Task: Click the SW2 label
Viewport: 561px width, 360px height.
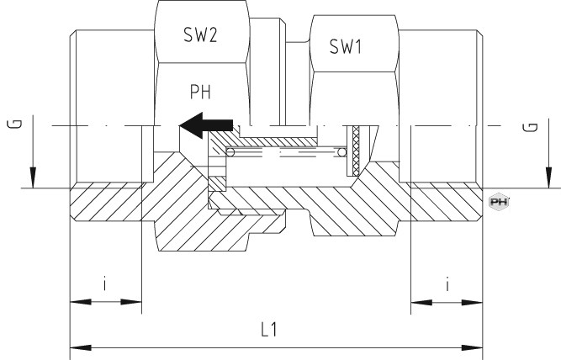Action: pyautogui.click(x=200, y=35)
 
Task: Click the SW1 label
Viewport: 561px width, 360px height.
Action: pyautogui.click(x=346, y=46)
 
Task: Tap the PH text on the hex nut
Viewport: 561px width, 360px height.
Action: pyautogui.click(x=200, y=92)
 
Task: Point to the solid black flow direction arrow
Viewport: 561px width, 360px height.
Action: pyautogui.click(x=206, y=125)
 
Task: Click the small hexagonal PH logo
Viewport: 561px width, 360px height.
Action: pyautogui.click(x=499, y=202)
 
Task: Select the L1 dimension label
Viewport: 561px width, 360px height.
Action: pyautogui.click(x=269, y=330)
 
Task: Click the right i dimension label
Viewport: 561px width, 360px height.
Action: pyautogui.click(x=447, y=284)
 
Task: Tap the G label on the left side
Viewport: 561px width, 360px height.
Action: pyautogui.click(x=14, y=124)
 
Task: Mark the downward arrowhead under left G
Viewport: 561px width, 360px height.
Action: pyautogui.click(x=33, y=177)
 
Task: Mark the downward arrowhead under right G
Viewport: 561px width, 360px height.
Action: pyautogui.click(x=549, y=177)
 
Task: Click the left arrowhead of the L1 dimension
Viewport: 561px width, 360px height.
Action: pyautogui.click(x=81, y=348)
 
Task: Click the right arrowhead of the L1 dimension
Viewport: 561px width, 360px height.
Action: pyautogui.click(x=473, y=348)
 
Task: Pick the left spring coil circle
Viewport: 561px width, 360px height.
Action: pyautogui.click(x=230, y=152)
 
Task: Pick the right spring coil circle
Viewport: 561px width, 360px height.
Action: pyautogui.click(x=342, y=152)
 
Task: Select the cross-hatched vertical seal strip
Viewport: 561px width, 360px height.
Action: pyautogui.click(x=356, y=151)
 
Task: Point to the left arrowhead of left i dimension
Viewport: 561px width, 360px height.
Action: pyautogui.click(x=81, y=302)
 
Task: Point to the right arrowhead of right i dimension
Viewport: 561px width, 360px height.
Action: pyautogui.click(x=473, y=303)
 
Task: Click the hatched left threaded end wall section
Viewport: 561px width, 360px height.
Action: pyautogui.click(x=106, y=202)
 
